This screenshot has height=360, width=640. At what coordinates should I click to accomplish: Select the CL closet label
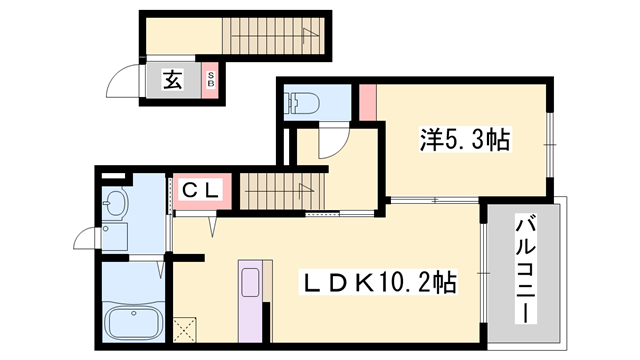pyautogui.click(x=203, y=188)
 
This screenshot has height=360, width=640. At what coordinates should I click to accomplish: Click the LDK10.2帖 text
pyautogui.click(x=379, y=283)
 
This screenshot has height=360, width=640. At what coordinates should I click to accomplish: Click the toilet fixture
pyautogui.click(x=302, y=102)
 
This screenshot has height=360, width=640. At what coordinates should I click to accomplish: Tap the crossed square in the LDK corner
pyautogui.click(x=185, y=327)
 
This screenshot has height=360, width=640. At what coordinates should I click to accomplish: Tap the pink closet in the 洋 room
pyautogui.click(x=367, y=101)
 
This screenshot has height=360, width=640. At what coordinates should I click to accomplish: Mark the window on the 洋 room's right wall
pyautogui.click(x=549, y=143)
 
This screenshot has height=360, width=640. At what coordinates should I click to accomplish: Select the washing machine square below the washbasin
pyautogui.click(x=116, y=238)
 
